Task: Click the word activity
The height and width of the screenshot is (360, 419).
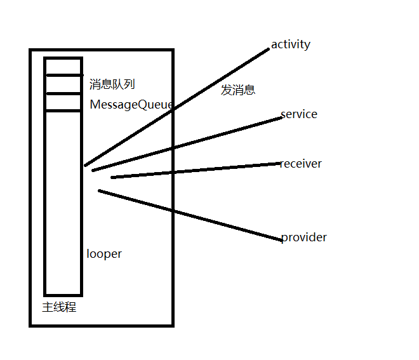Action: (x=290, y=44)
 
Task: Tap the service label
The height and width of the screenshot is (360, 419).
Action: (x=299, y=114)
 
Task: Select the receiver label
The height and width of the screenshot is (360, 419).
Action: (x=301, y=164)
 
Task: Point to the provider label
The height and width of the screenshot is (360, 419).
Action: (x=304, y=237)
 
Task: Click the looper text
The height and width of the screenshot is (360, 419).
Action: (x=104, y=254)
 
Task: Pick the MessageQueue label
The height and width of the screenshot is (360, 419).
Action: (x=131, y=105)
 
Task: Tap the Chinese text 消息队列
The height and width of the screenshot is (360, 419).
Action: (x=112, y=84)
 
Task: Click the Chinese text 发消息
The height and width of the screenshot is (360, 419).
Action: (x=238, y=90)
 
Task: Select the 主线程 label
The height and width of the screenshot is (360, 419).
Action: (x=59, y=308)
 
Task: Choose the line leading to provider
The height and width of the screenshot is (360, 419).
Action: (x=190, y=215)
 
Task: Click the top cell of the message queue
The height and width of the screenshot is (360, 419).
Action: (x=63, y=67)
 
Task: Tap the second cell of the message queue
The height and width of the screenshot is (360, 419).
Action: (x=63, y=84)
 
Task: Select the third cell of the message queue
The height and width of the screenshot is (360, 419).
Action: (x=63, y=102)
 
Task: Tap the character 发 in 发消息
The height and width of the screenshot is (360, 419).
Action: (x=227, y=90)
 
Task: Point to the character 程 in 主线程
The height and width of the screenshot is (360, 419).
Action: (x=70, y=308)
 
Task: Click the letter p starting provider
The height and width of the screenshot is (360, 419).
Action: (x=284, y=238)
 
